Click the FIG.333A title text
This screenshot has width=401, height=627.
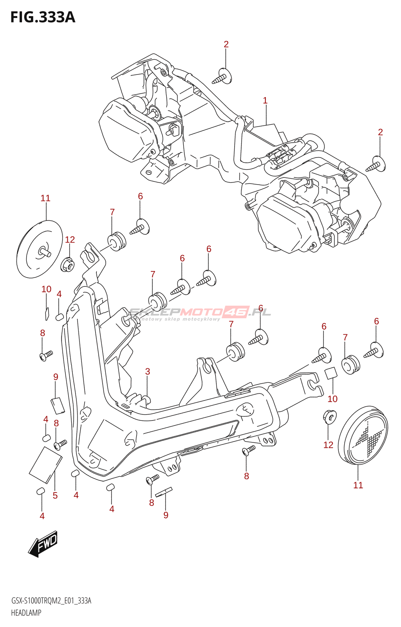42,17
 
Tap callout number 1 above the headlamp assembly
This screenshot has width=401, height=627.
265,101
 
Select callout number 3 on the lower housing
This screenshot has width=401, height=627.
148,371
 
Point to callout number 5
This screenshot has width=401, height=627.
55,496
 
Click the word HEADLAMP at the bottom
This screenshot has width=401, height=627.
26,613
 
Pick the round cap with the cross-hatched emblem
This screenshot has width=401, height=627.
363,435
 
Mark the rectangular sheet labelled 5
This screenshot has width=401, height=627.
45,464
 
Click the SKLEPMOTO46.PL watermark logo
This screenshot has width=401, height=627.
200,313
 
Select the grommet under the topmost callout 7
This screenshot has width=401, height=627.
117,241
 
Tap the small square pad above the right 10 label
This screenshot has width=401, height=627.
331,373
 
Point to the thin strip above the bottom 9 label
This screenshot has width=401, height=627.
163,492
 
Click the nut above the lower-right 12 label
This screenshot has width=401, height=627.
329,416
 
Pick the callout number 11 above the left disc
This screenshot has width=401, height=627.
45,198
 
